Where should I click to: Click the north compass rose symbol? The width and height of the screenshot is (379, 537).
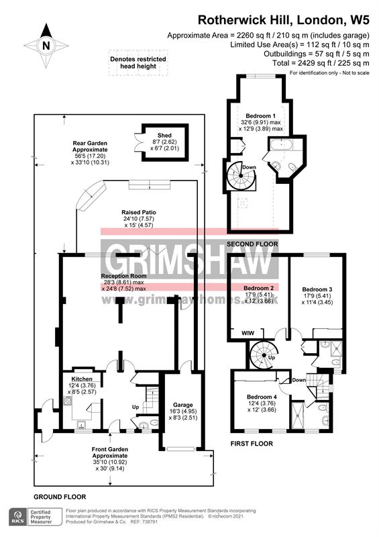coord(46,44)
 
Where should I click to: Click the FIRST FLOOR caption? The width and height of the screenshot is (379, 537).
coord(250,444)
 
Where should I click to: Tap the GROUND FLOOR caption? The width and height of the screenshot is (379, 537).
coord(60,496)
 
